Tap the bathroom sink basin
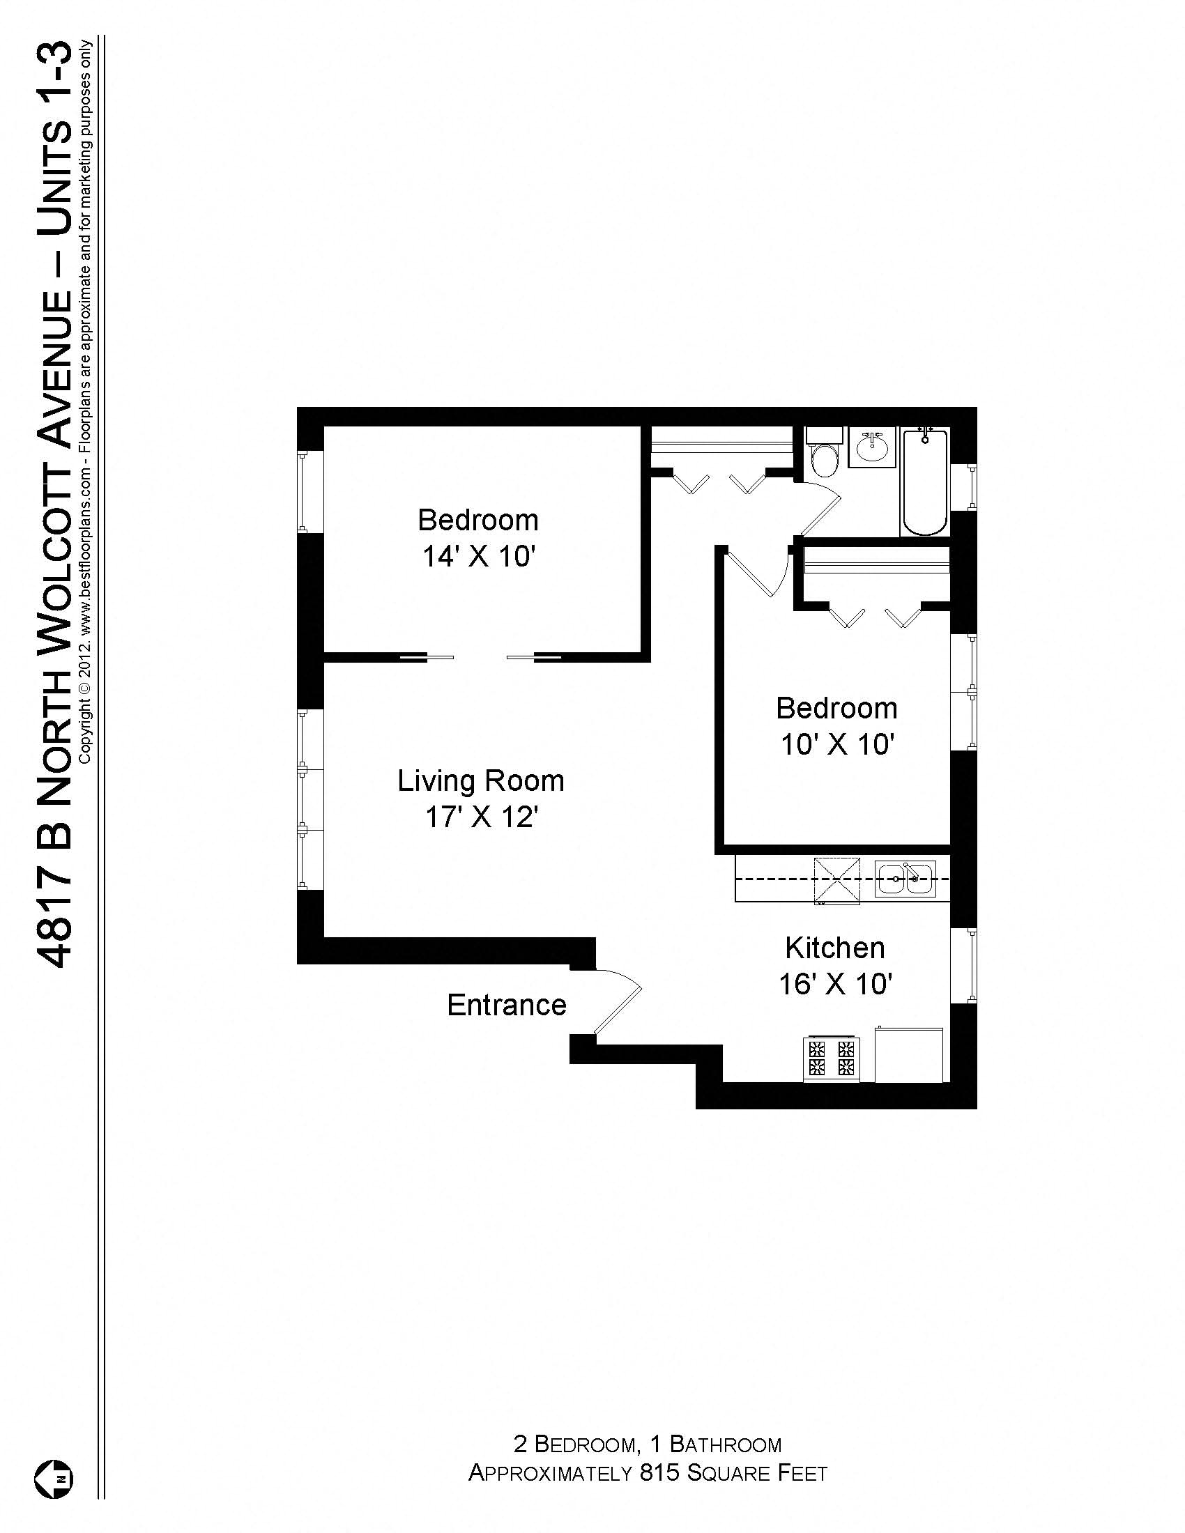(x=872, y=447)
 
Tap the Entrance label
(x=506, y=1005)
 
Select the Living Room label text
(x=481, y=780)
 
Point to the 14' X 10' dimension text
(x=479, y=557)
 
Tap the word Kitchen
(x=834, y=948)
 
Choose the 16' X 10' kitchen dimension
(x=834, y=984)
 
